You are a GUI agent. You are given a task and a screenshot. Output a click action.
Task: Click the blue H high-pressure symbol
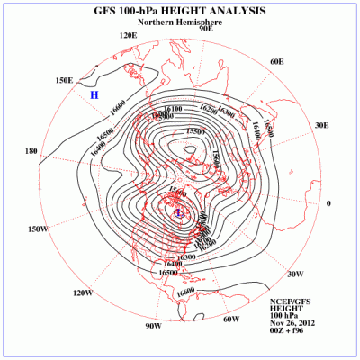tap(93, 94)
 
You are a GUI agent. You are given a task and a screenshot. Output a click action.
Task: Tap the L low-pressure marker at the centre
tap(179, 213)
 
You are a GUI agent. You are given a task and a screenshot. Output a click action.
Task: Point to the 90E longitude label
tap(205, 29)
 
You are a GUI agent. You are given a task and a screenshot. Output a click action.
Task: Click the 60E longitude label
tap(277, 61)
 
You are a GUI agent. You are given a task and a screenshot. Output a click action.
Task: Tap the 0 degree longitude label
tap(328, 203)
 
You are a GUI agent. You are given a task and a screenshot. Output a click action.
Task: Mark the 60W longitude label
tap(229, 319)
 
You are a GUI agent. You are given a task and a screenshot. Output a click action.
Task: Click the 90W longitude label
tap(152, 325)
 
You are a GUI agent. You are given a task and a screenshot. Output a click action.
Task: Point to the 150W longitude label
tap(37, 229)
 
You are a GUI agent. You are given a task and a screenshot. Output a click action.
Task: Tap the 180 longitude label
tap(32, 151)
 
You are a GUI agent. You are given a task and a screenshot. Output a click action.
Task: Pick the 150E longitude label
tap(64, 80)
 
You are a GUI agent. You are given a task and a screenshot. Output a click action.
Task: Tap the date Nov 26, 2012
tap(291, 322)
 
